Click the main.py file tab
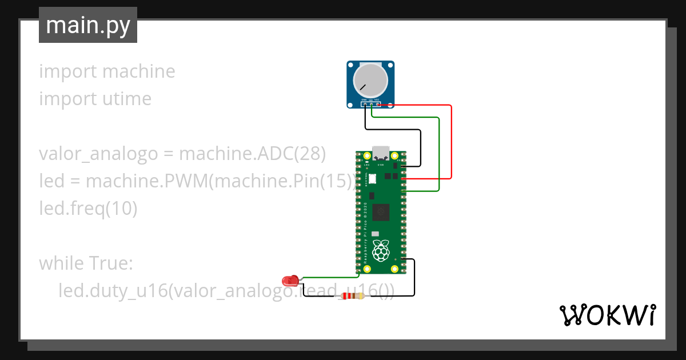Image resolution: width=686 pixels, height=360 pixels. click(87, 25)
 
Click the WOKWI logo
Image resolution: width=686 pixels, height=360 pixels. click(607, 315)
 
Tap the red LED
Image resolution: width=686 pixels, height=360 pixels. click(290, 280)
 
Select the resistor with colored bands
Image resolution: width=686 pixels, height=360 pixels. click(352, 295)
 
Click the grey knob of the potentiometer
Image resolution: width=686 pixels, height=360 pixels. click(369, 79)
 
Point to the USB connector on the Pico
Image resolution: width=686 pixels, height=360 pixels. click(381, 153)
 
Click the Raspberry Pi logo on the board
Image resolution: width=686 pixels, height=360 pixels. click(381, 250)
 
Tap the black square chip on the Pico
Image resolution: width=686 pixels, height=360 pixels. click(381, 213)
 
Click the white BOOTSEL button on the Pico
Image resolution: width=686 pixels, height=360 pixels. click(373, 178)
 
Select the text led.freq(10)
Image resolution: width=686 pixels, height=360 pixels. click(88, 209)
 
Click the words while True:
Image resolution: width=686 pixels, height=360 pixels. click(86, 263)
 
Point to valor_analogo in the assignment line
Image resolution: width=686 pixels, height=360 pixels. click(98, 154)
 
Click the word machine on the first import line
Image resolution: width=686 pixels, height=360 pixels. click(138, 71)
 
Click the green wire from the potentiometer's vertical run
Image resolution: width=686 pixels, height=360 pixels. click(438, 154)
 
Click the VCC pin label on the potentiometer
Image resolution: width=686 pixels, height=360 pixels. click(377, 99)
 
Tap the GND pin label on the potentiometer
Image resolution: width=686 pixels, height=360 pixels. click(364, 99)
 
